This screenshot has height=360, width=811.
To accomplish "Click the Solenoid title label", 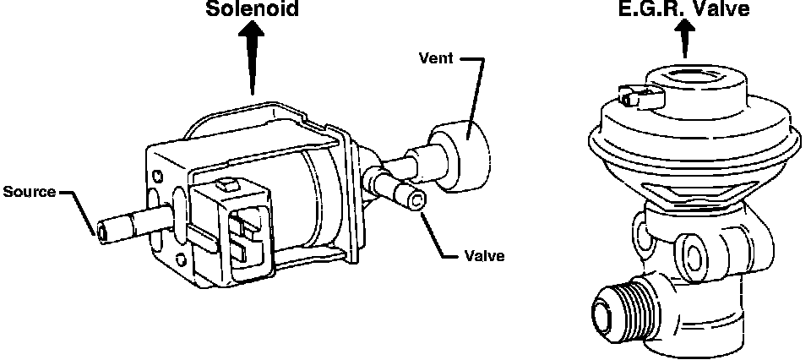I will [252, 10].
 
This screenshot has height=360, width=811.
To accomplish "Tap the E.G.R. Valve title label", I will [685, 10].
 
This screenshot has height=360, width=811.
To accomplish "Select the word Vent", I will [438, 59].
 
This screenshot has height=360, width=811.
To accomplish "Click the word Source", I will [29, 192].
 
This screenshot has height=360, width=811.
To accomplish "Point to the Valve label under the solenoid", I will [484, 256].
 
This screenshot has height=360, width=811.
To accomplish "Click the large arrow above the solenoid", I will [252, 59].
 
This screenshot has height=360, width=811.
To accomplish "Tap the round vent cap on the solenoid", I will [463, 155].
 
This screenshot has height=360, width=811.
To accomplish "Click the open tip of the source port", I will [103, 230].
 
